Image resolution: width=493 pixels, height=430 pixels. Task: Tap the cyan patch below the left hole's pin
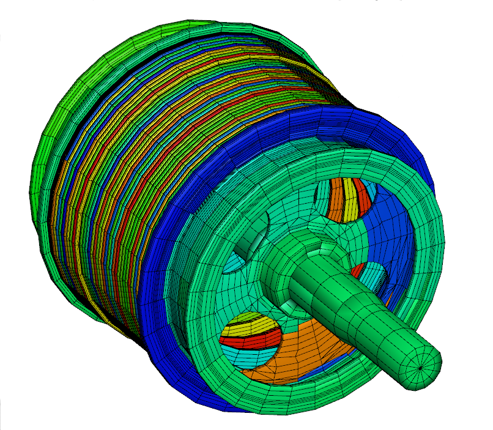pos(235,264)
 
